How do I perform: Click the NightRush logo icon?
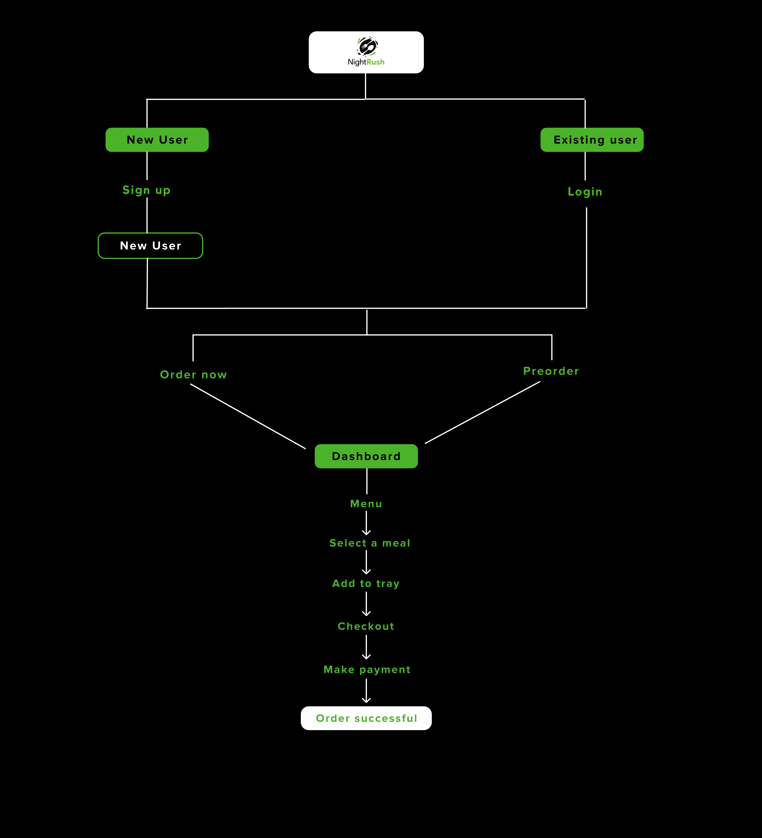[367, 46]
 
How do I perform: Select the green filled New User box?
[157, 140]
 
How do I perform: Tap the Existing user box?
[592, 140]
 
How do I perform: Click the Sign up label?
[146, 190]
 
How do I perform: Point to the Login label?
[585, 192]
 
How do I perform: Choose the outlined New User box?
[151, 246]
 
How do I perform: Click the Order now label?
[193, 375]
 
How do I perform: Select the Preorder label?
[551, 371]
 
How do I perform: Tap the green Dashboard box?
[366, 456]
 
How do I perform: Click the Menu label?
[366, 504]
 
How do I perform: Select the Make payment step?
[367, 670]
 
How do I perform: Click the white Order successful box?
[366, 718]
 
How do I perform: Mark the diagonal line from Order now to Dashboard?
[248, 416]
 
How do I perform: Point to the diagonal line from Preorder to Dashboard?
[482, 412]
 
